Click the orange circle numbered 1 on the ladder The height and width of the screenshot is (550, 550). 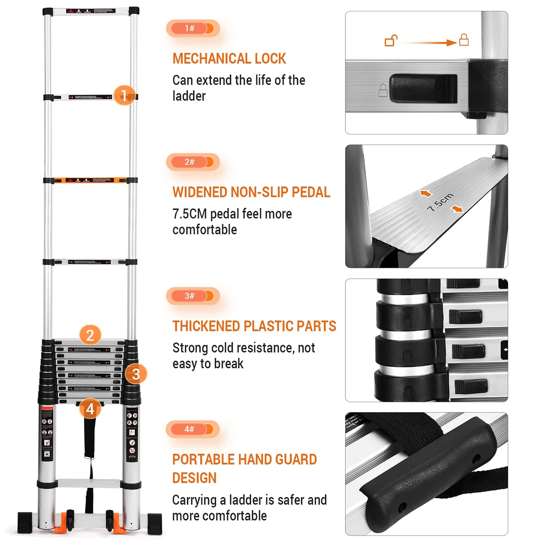coord(124,95)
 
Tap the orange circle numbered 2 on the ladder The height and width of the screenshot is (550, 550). coord(90,335)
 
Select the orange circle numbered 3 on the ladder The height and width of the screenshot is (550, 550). coord(136,374)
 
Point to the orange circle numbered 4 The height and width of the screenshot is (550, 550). coord(90,409)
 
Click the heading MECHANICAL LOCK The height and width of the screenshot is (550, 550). coord(229,59)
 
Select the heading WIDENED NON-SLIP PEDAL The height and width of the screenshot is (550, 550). coord(251,192)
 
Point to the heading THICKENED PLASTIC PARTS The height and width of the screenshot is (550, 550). coord(254,326)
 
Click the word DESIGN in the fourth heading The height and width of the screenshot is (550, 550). coord(194,478)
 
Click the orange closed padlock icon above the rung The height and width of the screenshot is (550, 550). coord(464,39)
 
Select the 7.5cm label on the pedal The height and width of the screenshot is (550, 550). coord(440,202)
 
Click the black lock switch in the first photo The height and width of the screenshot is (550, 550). coord(423,88)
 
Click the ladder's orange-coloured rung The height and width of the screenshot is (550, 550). coord(90,180)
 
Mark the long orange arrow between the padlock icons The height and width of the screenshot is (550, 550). coord(429,43)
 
